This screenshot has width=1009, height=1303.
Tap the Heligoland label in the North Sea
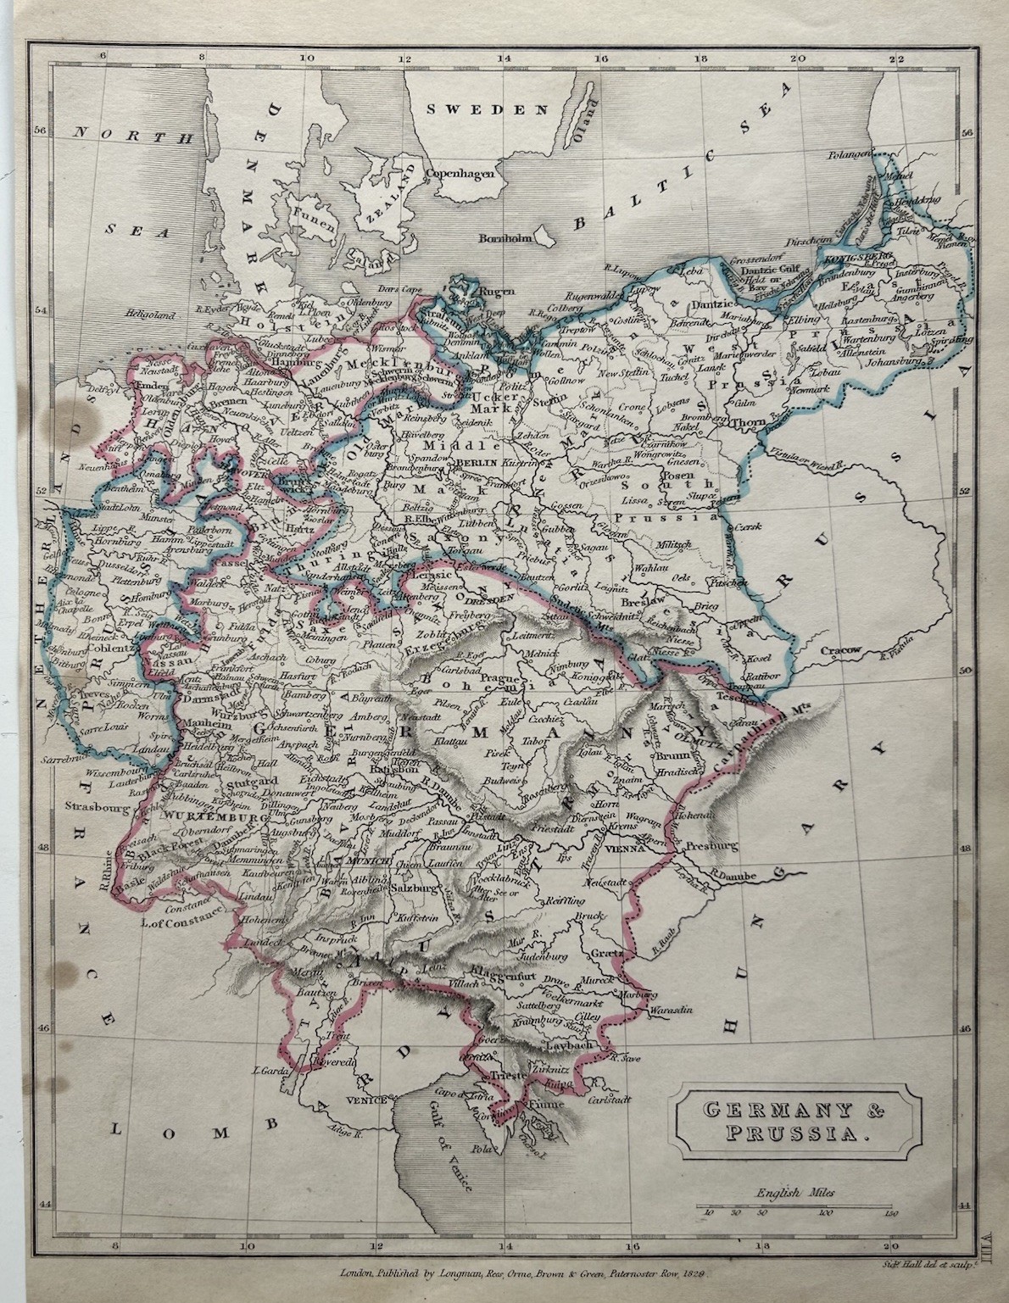click(149, 314)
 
